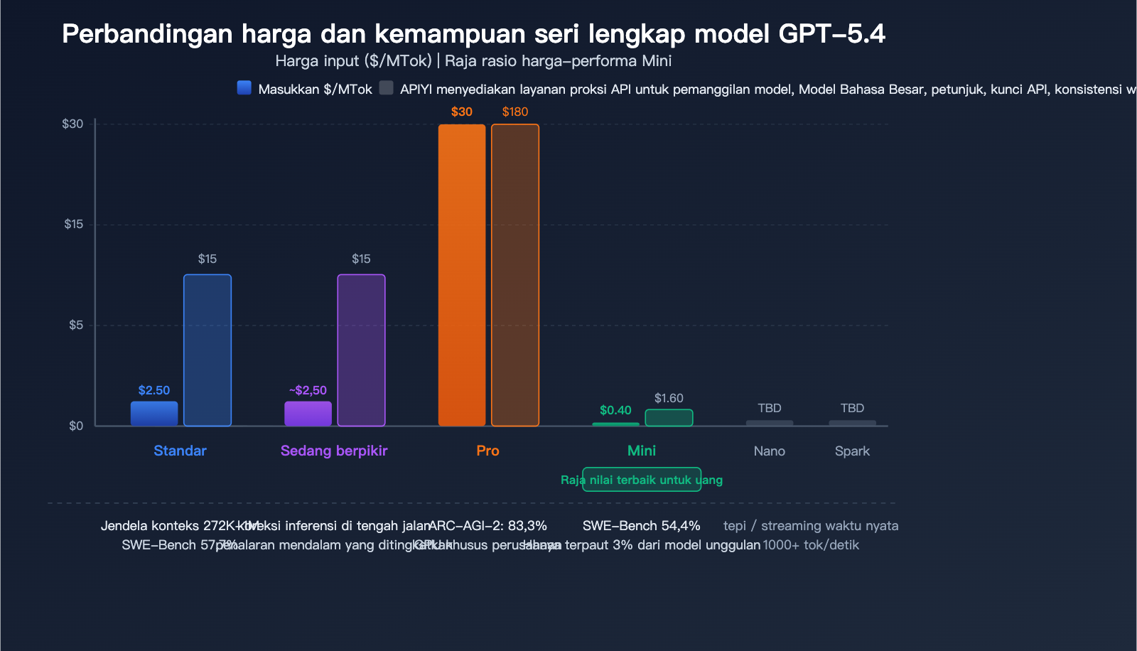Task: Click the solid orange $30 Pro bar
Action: point(462,275)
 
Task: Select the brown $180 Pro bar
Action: point(515,275)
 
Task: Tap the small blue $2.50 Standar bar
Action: point(154,414)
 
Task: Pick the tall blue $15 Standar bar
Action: point(208,350)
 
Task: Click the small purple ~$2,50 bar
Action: point(308,414)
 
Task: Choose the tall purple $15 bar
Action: point(361,350)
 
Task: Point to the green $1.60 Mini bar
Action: point(669,418)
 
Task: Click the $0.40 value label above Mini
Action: point(615,410)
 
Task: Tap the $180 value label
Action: point(515,112)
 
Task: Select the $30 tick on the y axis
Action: point(72,124)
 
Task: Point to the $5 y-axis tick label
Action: point(76,325)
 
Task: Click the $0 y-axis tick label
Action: point(76,426)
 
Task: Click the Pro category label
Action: point(487,451)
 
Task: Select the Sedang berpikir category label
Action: point(334,451)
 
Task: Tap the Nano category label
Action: point(770,451)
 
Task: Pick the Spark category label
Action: point(852,451)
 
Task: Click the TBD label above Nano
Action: point(770,408)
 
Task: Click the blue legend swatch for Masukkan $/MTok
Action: point(244,88)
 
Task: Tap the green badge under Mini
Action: point(642,480)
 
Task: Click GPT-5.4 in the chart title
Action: point(831,34)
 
